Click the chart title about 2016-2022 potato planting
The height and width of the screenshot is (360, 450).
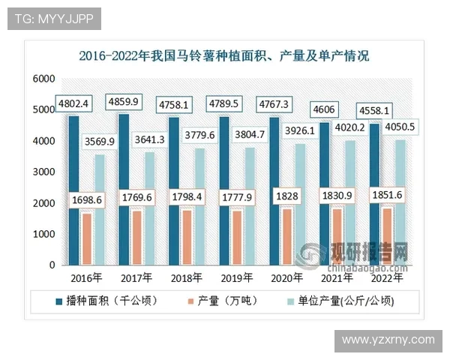pyautogui.click(x=224, y=55)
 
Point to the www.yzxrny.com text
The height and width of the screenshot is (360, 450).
pyautogui.click(x=388, y=340)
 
